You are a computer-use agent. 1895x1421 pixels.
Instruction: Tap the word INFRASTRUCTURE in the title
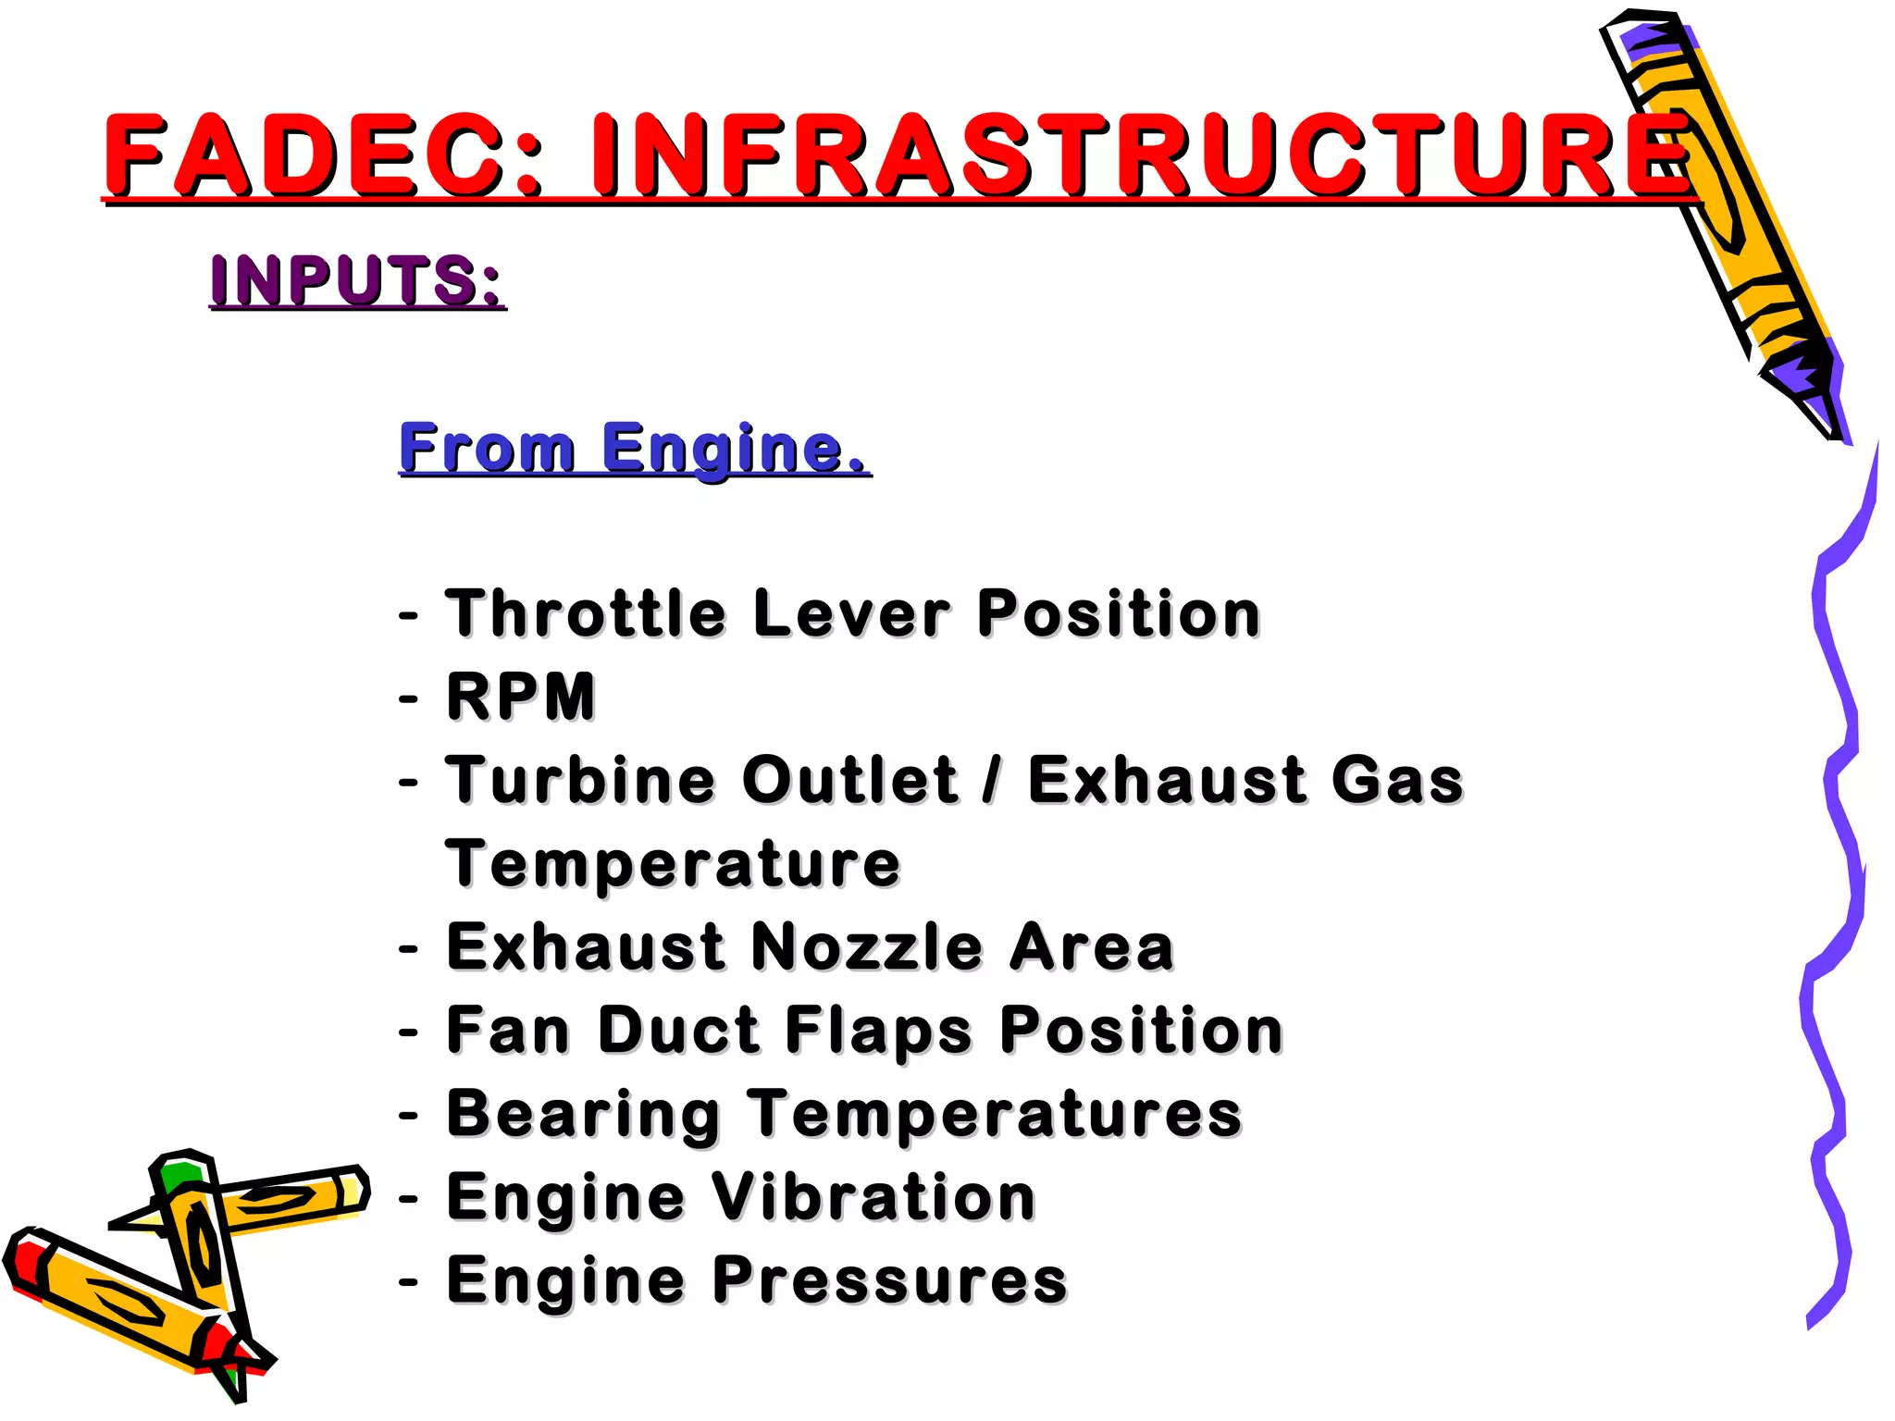click(x=1142, y=154)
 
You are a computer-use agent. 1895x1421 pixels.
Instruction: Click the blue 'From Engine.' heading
click(x=634, y=448)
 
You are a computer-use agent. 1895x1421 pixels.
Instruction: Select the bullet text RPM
click(x=521, y=697)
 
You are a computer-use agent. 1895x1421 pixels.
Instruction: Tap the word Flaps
click(x=879, y=1032)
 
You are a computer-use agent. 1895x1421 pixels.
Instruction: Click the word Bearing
click(x=583, y=1115)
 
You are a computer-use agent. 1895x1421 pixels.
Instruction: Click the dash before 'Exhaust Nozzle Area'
click(x=408, y=948)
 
